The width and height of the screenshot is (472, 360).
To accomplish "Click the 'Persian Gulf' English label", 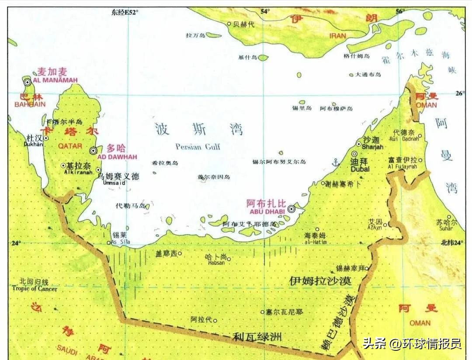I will click(198, 147).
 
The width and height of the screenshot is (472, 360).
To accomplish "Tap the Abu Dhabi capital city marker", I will click(291, 209).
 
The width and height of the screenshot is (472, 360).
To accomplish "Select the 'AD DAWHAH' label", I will click(117, 157).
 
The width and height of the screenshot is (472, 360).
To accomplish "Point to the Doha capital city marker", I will click(93, 151).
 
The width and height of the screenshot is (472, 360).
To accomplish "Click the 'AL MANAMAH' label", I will click(55, 80).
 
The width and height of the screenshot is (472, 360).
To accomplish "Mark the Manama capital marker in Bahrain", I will click(27, 82).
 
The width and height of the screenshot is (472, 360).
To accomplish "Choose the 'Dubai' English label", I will click(360, 169).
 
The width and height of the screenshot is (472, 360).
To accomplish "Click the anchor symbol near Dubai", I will click(336, 163).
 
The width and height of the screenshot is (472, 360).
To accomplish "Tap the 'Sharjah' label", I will click(373, 147).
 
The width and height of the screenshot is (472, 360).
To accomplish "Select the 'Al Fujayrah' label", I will click(403, 167).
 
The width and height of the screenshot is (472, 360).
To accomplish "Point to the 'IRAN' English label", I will click(337, 36).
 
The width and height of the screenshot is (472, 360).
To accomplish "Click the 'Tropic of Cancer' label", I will click(35, 289).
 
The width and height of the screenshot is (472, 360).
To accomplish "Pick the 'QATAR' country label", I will click(70, 146).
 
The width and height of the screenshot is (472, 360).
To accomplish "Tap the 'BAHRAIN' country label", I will click(30, 105).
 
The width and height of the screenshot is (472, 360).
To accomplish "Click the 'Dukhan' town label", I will click(35, 144).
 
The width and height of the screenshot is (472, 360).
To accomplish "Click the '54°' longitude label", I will click(265, 11).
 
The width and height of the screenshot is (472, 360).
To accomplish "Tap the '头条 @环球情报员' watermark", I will click(412, 344).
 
